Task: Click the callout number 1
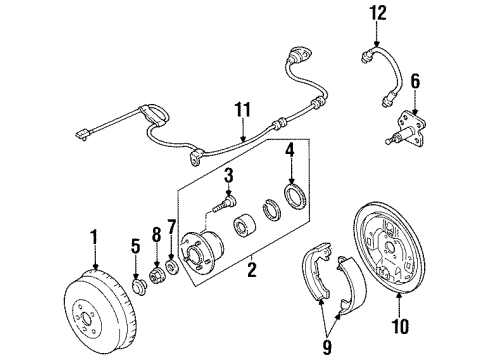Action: tap(94, 237)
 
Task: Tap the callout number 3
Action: tap(228, 177)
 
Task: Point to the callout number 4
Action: tap(289, 151)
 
